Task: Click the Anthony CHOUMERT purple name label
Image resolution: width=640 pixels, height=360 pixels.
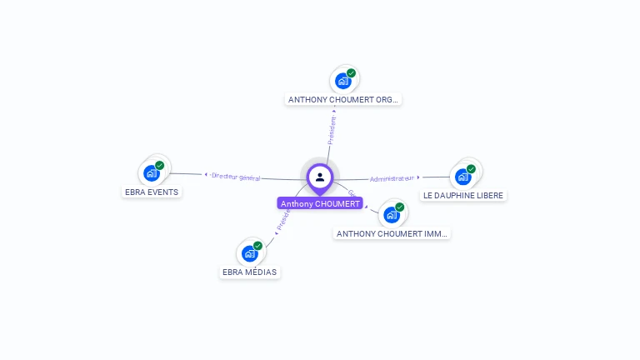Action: coord(320,203)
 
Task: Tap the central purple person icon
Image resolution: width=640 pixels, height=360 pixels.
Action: coord(320,177)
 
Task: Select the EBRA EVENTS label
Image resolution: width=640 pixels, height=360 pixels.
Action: coord(152,192)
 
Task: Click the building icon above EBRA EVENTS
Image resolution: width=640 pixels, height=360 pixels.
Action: coord(152,173)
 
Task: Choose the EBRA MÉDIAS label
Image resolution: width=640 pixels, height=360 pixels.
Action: coord(249,272)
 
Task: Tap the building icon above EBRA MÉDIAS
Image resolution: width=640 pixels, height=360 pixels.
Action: coord(249,253)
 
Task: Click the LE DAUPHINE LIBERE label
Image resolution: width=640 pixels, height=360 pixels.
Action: coord(463,195)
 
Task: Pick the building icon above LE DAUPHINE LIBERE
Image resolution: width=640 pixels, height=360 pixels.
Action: coord(463,177)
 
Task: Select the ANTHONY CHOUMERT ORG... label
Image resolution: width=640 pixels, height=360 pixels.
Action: coord(343,99)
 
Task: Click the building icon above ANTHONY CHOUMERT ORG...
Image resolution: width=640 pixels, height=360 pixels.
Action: coord(342,81)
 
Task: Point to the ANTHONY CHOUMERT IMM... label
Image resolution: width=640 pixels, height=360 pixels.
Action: coord(392,233)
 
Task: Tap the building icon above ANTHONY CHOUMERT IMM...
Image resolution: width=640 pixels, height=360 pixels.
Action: coord(391,215)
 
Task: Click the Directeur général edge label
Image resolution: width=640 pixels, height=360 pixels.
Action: coord(236,177)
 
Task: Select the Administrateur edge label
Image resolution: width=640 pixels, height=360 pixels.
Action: coord(392,178)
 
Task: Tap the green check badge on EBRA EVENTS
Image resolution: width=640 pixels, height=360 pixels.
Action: coord(160,165)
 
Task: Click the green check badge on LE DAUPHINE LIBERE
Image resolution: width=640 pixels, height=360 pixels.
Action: coord(472,168)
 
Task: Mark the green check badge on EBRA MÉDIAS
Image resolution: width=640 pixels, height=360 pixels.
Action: coord(257,245)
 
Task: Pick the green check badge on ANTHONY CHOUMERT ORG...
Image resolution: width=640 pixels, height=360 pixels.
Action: coord(351,72)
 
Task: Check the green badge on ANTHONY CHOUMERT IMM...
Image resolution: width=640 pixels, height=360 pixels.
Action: coord(399,207)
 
